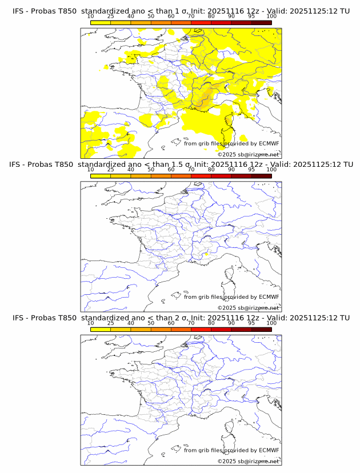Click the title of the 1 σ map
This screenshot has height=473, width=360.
tap(181, 11)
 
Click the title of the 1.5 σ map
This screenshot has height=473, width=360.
tap(181, 164)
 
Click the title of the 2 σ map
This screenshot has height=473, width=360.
tap(181, 317)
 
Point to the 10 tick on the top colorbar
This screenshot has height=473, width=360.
tap(90, 16)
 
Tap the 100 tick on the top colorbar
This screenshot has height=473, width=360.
tap(271, 16)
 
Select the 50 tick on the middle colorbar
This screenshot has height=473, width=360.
tap(151, 169)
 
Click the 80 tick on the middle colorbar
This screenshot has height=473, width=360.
tap(211, 169)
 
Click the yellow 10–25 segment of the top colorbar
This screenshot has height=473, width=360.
tap(101, 22)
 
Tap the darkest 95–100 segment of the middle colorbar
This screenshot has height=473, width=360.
tap(261, 175)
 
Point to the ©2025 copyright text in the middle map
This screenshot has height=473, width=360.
tap(248, 307)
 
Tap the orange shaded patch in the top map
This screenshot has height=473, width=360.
tap(206, 96)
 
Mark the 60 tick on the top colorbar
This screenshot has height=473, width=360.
tap(171, 16)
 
